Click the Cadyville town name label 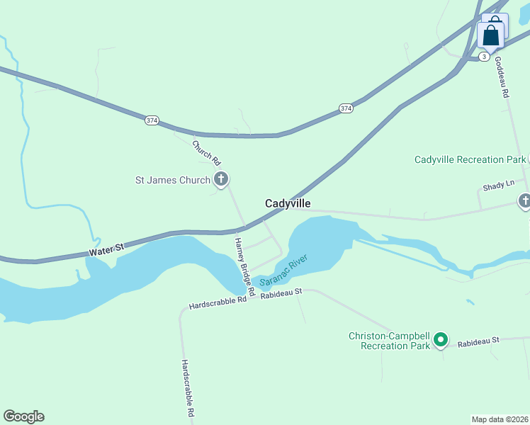288,203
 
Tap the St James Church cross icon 220,179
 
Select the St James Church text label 173,180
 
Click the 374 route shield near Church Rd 152,120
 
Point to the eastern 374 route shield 345,108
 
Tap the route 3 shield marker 483,56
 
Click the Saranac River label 286,270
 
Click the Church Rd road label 206,152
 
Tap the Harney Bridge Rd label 244,266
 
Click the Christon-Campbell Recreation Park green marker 441,341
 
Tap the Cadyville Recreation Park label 470,159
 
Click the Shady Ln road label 498,186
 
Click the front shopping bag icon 491,35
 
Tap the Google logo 23,416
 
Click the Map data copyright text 500,419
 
